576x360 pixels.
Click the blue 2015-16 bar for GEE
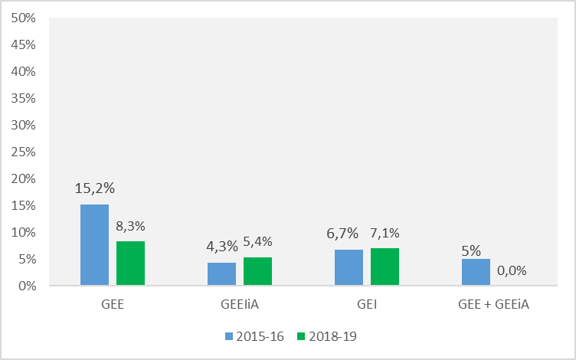[94, 245]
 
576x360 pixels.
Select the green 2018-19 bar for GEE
[130, 263]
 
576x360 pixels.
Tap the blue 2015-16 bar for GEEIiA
[221, 274]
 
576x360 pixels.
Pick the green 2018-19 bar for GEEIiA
[257, 271]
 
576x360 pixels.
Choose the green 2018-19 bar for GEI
[385, 267]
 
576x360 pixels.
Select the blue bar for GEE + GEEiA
[476, 272]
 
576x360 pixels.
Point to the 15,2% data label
[94, 188]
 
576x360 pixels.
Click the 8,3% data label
[130, 226]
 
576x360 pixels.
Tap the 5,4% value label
[257, 241]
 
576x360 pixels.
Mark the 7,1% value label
[385, 233]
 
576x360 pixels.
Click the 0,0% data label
[512, 270]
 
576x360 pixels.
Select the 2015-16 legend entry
[252, 335]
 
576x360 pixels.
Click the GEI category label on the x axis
[366, 304]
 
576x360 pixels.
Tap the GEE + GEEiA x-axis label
[493, 304]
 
